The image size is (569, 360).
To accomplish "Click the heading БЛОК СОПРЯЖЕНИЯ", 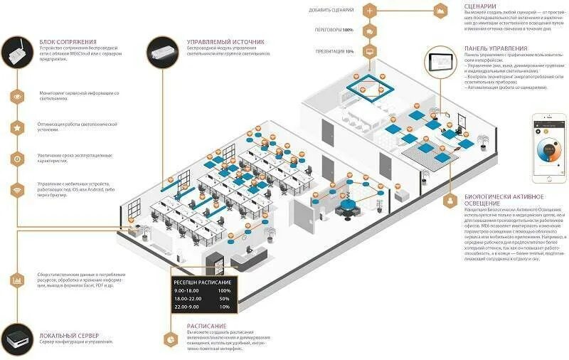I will point(68,43).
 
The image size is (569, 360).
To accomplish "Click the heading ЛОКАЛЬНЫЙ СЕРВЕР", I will point(70,334).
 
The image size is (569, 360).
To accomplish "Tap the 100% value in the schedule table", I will point(224,290).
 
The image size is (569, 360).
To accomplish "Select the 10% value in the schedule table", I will point(225,308).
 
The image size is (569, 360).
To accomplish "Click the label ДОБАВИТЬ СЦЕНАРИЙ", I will point(331,10).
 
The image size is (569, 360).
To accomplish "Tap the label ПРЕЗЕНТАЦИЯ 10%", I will point(334,51).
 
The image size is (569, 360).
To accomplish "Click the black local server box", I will point(16,339).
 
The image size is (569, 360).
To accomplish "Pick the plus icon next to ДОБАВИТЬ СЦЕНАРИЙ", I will point(369,11).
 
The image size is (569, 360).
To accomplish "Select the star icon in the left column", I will point(17,127).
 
